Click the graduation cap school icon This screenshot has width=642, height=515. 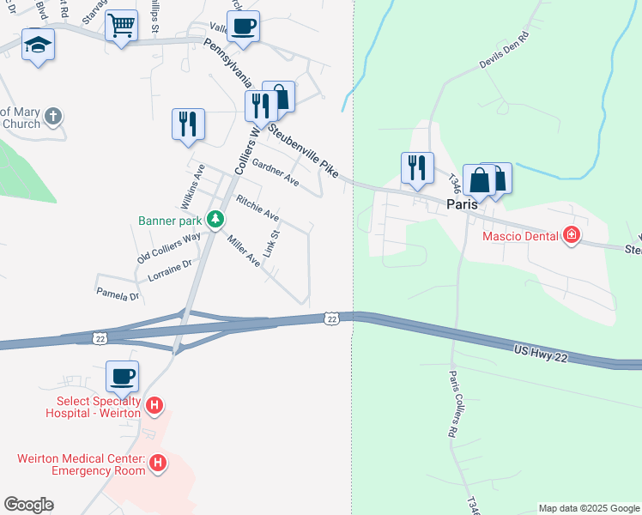coord(37,45)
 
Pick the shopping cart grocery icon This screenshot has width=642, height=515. coord(121,26)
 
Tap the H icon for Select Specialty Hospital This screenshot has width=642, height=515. coord(154,405)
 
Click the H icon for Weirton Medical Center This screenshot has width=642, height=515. coord(157,463)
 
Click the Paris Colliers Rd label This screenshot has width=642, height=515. coord(452,403)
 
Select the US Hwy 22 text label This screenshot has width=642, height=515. coord(542,353)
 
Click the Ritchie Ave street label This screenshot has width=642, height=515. coord(257,207)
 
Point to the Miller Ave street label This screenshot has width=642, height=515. coord(243,250)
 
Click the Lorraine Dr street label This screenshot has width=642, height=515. coord(168,269)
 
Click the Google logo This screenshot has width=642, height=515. coord(28,505)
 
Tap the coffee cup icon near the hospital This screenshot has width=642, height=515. coord(122,376)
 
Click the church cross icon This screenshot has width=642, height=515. coord(53,116)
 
